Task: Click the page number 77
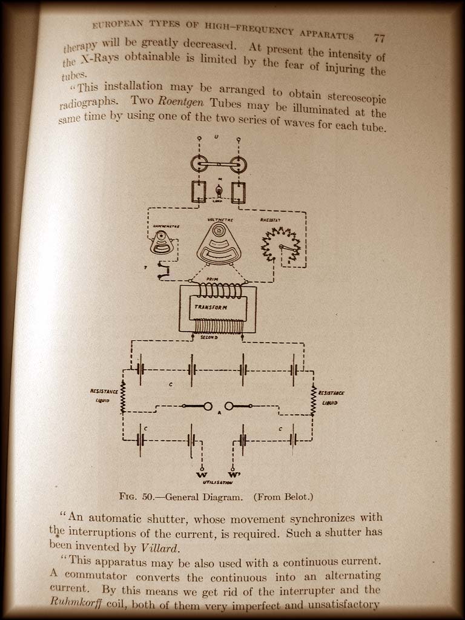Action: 380,38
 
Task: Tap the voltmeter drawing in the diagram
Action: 219,243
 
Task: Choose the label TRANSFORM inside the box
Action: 209,308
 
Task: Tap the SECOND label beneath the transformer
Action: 209,337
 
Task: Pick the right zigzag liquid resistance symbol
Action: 314,400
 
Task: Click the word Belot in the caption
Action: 292,497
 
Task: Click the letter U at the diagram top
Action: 216,137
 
